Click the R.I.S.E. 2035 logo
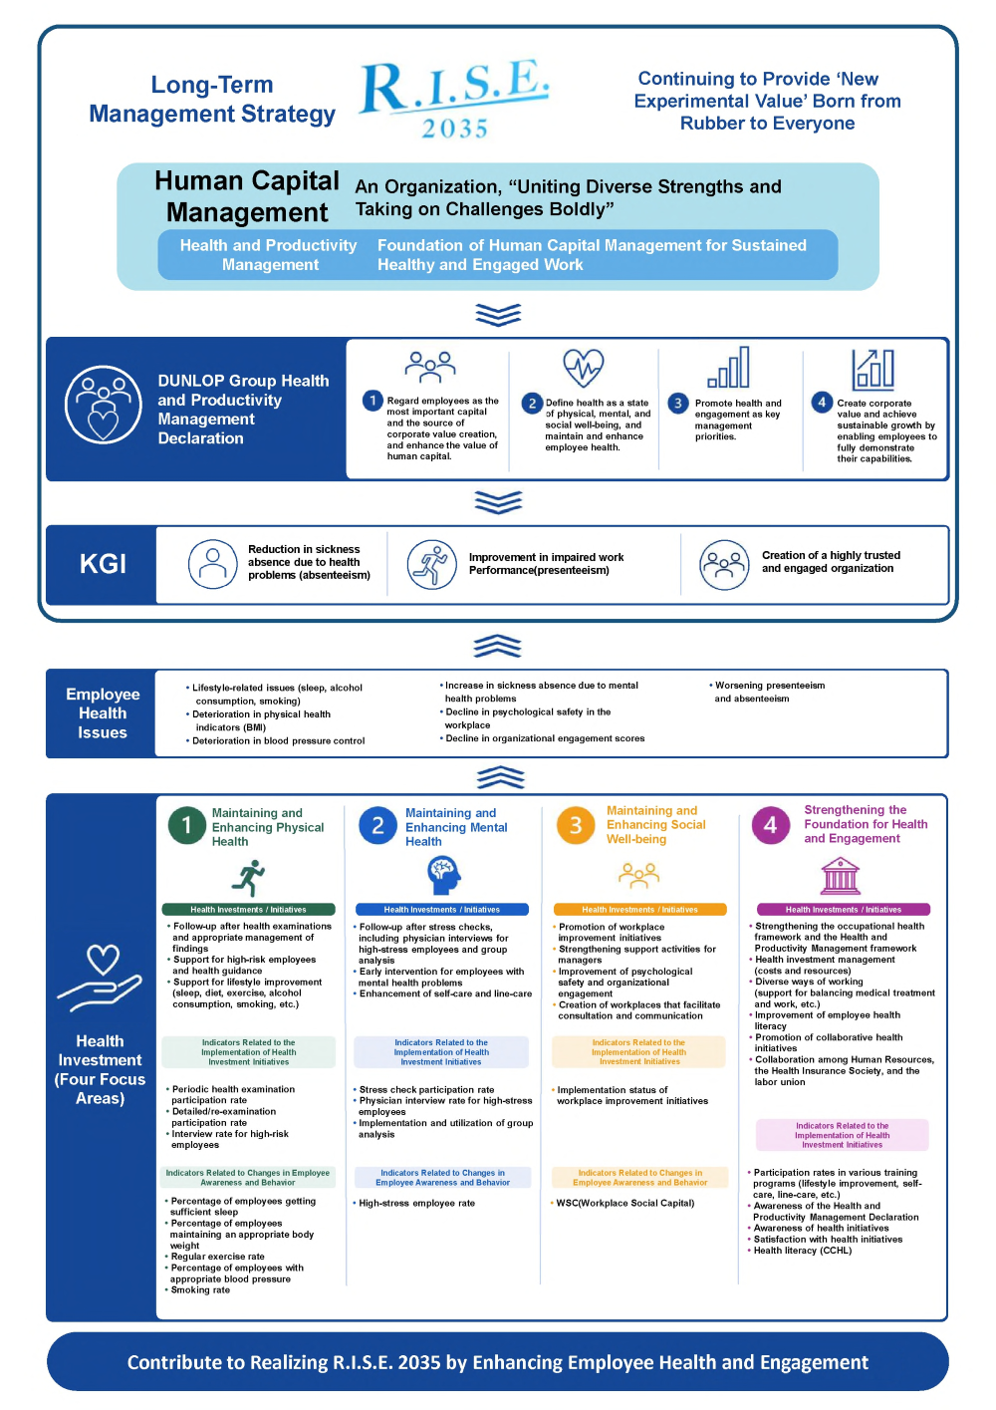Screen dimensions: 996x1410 (454, 99)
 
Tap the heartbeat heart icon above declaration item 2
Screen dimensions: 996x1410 (583, 368)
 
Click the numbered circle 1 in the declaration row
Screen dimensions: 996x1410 (373, 401)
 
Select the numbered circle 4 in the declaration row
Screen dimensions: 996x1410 (821, 403)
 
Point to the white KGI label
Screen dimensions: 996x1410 (103, 563)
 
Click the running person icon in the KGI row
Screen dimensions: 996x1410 (431, 564)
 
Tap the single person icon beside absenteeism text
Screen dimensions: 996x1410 (213, 564)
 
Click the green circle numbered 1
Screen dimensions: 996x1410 (187, 825)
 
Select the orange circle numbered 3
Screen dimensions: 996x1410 (575, 825)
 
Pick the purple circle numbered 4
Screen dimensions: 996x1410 (770, 825)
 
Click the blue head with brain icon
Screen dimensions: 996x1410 (443, 875)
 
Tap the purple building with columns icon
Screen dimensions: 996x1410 (840, 876)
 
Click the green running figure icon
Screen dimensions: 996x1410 (249, 878)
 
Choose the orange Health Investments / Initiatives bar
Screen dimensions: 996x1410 (639, 910)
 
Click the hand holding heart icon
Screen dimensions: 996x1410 (100, 978)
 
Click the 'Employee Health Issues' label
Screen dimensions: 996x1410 (103, 713)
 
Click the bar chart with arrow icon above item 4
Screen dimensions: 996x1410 (872, 370)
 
